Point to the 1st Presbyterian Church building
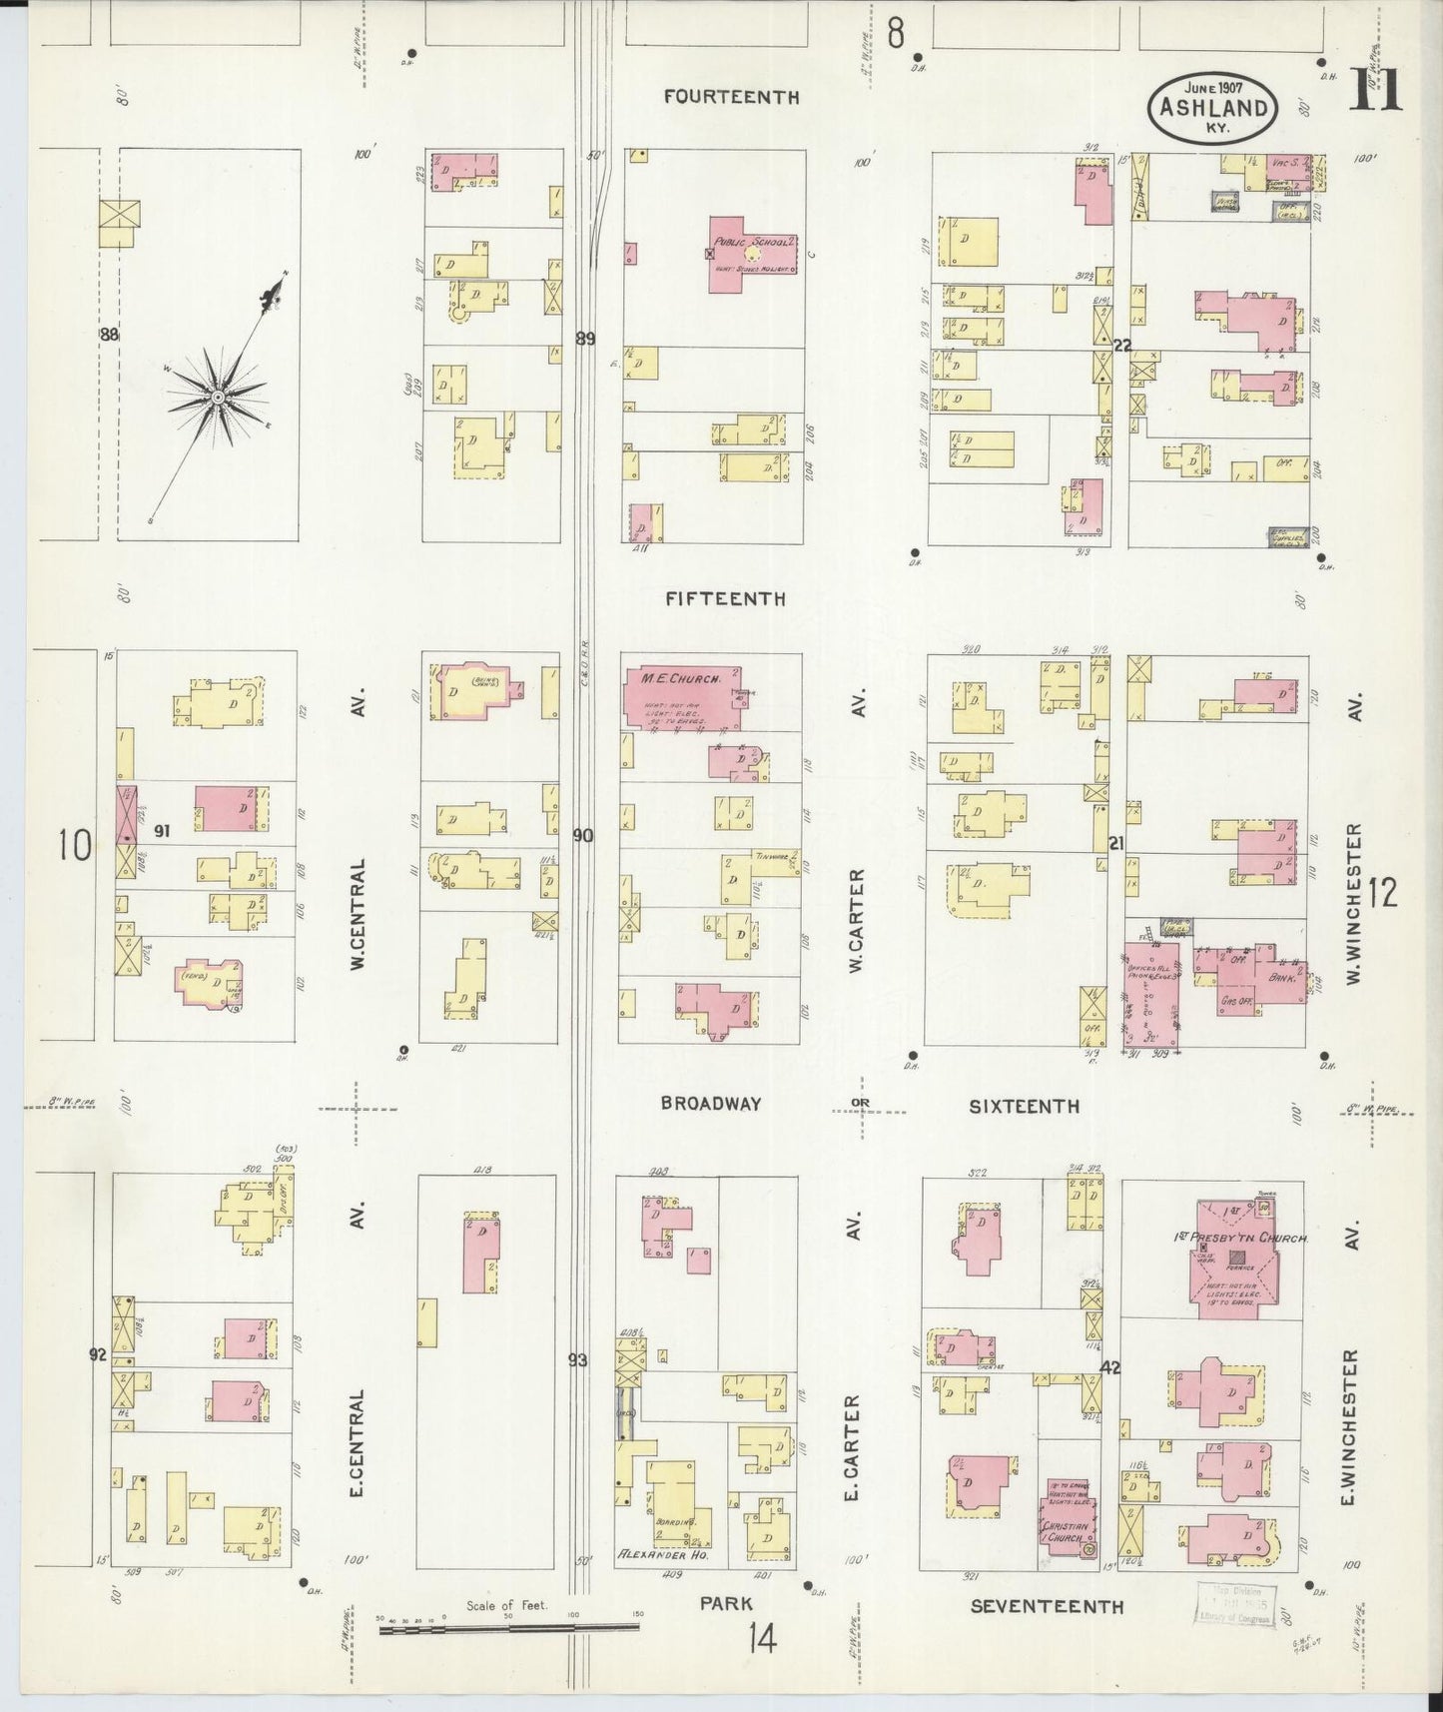pyautogui.click(x=1244, y=1257)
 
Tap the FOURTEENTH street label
pyautogui.click(x=732, y=98)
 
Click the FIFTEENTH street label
pyautogui.click(x=725, y=599)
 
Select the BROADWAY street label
pyautogui.click(x=711, y=1104)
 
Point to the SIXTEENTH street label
pyautogui.click(x=1024, y=1106)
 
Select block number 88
pyautogui.click(x=109, y=336)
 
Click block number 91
pyautogui.click(x=162, y=829)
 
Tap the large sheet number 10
pyautogui.click(x=74, y=846)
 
